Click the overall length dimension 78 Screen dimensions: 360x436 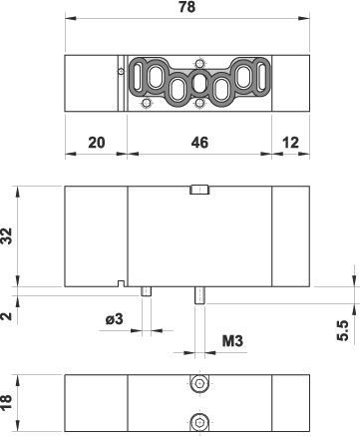pos(187,7)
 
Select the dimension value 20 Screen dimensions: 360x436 pos(97,143)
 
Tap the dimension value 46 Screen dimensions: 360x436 pos(199,143)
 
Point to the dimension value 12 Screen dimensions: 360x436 pos(290,143)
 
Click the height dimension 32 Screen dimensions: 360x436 pos(7,235)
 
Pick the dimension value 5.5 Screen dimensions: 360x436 pos(343,330)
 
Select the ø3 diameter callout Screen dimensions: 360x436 pos(115,319)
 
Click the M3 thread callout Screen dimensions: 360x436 pos(232,341)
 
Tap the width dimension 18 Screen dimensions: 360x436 pos(7,402)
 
